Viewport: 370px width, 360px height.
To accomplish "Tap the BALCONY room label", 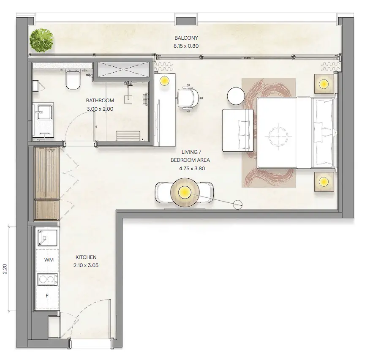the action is tap(186, 38).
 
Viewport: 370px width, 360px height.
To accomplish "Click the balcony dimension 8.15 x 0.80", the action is tap(186, 46).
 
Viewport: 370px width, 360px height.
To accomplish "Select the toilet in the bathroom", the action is tap(73, 79).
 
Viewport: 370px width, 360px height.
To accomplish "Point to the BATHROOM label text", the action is tap(100, 101).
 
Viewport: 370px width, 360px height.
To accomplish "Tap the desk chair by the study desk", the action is tap(188, 98).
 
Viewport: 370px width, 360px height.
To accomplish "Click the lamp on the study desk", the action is tap(164, 81).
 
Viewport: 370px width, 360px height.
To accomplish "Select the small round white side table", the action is tap(236, 96).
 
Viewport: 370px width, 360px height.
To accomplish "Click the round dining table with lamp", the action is tap(185, 192).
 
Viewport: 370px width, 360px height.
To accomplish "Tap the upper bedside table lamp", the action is tap(324, 84).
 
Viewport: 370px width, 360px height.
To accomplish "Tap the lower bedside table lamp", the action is tap(324, 182).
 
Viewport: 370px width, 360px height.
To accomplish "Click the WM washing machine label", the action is tap(49, 260).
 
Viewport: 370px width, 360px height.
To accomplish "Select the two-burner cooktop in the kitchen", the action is tap(47, 280).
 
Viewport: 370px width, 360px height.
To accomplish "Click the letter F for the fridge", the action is tap(47, 295).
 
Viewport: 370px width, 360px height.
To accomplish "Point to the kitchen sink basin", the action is tap(47, 238).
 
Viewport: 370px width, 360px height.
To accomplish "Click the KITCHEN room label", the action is tap(86, 257).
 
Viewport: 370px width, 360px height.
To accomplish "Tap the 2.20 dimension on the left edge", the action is tap(5, 269).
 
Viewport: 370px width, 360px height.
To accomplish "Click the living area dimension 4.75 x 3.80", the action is tap(192, 169).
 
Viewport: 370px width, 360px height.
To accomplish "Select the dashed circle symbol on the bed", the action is tap(278, 136).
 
